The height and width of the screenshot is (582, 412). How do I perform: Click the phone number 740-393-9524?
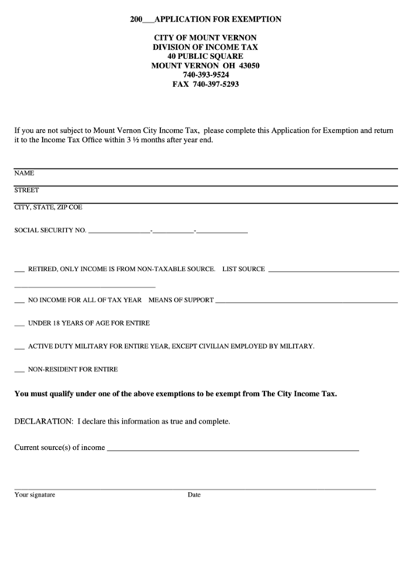click(x=205, y=75)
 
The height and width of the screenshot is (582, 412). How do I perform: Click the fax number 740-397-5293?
click(x=205, y=84)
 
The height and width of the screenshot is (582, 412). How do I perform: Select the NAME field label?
click(x=24, y=173)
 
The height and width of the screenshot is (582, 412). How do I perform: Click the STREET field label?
click(x=26, y=190)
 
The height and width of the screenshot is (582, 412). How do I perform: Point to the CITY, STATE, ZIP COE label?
click(x=48, y=207)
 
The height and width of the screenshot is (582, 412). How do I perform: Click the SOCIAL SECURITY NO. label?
click(x=50, y=231)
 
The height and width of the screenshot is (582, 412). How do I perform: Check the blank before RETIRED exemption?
click(x=19, y=270)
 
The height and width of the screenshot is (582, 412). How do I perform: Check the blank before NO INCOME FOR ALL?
click(x=19, y=300)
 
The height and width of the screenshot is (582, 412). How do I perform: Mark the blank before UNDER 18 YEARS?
click(x=19, y=323)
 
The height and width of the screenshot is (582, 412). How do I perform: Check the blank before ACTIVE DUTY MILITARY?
click(x=19, y=346)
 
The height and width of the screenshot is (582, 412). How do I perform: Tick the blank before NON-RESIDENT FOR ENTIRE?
click(x=19, y=369)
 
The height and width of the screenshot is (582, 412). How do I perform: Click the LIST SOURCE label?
click(x=243, y=269)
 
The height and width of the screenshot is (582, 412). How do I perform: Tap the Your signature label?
click(x=34, y=494)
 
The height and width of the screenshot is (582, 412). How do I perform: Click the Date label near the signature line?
click(x=194, y=494)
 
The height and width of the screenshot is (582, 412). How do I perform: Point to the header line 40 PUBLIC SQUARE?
click(x=205, y=57)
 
